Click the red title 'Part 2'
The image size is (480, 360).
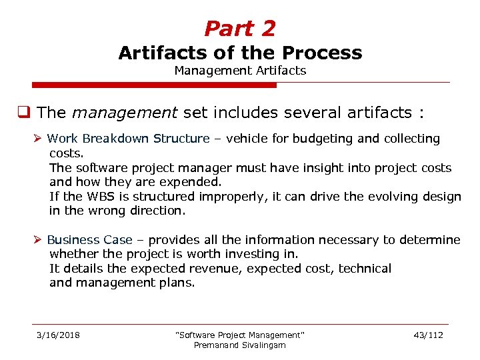pyautogui.click(x=239, y=29)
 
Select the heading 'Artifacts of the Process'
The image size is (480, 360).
pyautogui.click(x=240, y=53)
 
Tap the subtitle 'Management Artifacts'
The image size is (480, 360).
pyautogui.click(x=240, y=70)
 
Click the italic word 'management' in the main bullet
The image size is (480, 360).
pyautogui.click(x=125, y=113)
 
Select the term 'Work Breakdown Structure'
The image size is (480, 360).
pyautogui.click(x=128, y=139)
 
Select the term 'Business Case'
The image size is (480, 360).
pyautogui.click(x=89, y=240)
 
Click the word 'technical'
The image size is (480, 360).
pyautogui.click(x=365, y=269)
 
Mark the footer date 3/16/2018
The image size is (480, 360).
pyautogui.click(x=58, y=335)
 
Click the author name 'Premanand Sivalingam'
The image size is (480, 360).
pyautogui.click(x=239, y=345)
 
